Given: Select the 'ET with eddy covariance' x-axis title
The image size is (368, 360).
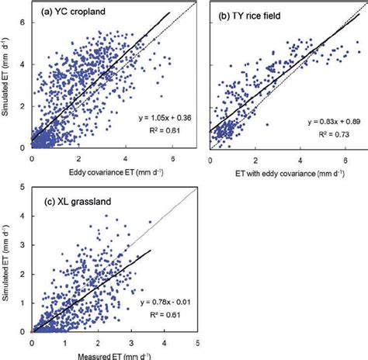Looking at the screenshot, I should (285, 171).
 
